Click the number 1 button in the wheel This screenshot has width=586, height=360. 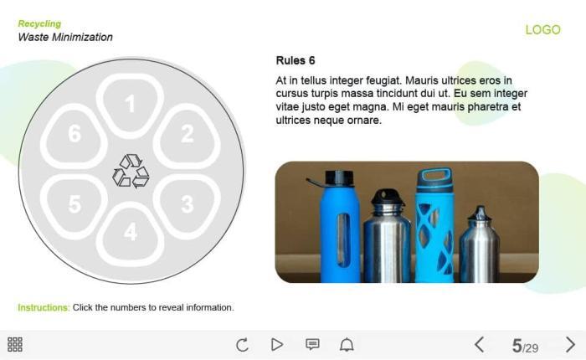[x=130, y=104]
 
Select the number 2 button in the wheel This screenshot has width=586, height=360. [x=187, y=135]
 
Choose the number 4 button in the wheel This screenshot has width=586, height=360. [x=130, y=234]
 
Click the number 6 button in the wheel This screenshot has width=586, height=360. [x=74, y=135]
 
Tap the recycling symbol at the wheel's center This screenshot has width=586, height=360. [x=131, y=171]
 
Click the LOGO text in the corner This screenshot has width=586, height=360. [x=542, y=29]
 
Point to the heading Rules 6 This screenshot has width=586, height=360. [x=296, y=60]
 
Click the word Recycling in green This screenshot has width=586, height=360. [x=39, y=23]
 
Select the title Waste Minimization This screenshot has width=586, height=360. [x=65, y=37]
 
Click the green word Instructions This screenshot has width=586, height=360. [x=44, y=307]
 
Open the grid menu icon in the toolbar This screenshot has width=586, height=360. [x=15, y=344]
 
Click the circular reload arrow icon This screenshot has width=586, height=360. [x=242, y=344]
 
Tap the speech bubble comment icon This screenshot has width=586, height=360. [x=312, y=344]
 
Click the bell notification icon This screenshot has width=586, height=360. [x=347, y=344]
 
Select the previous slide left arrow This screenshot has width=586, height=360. [x=480, y=344]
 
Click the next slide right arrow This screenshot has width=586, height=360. [x=570, y=344]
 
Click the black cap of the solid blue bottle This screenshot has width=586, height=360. [x=339, y=178]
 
